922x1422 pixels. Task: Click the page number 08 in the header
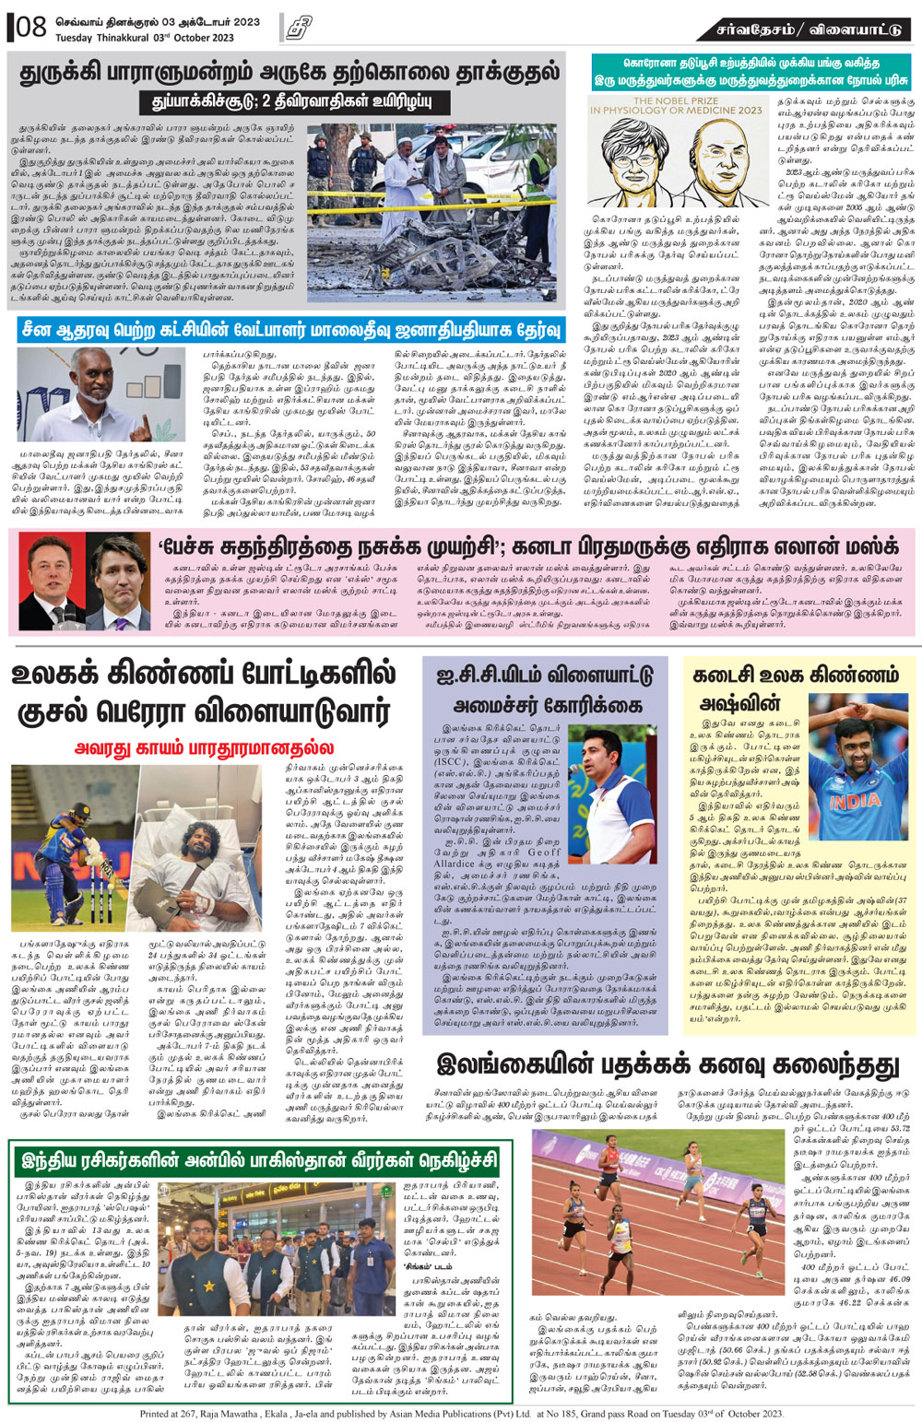30,27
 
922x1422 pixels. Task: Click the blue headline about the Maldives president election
290,329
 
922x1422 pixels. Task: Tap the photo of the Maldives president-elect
99,394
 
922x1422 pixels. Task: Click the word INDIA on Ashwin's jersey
856,801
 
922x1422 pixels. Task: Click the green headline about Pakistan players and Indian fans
260,1158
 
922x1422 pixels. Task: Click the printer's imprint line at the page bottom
461,1413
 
